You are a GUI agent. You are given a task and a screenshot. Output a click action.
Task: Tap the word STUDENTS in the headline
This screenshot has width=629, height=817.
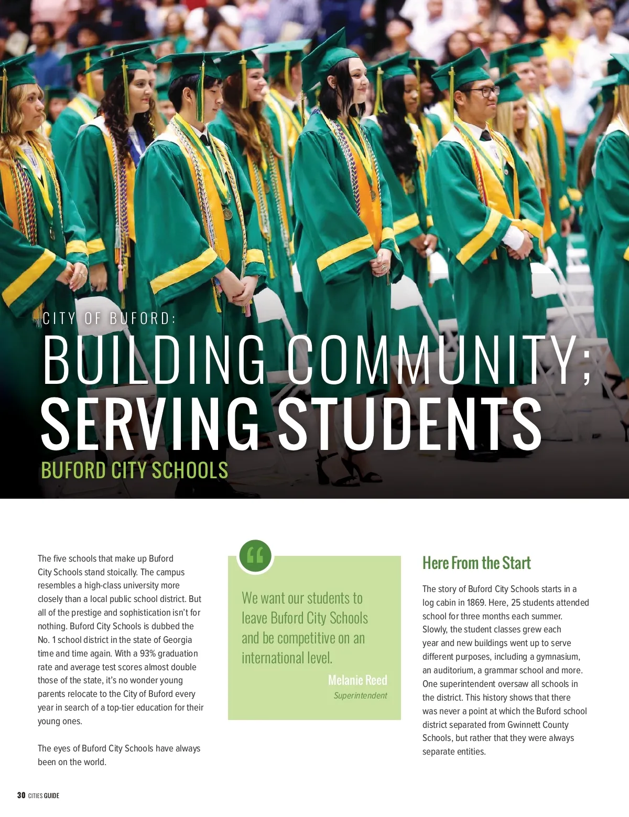point(409,424)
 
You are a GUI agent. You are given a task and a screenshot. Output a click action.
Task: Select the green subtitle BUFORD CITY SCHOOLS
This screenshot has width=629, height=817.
point(135,470)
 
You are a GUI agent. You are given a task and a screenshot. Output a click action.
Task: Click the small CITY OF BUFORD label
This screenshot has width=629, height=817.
point(109,318)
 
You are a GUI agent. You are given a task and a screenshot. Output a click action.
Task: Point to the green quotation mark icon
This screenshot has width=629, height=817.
point(255,555)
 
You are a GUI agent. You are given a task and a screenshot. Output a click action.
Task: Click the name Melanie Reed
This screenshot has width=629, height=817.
point(357,680)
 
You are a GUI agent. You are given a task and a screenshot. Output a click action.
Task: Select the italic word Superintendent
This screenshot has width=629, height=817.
point(360,695)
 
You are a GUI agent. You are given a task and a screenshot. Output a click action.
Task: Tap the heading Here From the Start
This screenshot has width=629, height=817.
point(476,563)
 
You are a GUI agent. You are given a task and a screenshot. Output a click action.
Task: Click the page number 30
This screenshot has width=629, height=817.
point(21,795)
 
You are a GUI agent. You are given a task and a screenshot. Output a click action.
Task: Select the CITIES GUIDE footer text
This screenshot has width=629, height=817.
point(44,795)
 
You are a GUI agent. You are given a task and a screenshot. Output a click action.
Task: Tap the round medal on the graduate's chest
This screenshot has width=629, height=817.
point(227,213)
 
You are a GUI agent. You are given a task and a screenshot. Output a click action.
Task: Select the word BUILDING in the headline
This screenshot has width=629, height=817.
point(153,360)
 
